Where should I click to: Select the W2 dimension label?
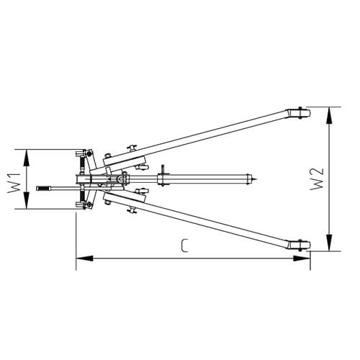[x=317, y=179]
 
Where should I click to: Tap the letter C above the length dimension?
[x=184, y=246]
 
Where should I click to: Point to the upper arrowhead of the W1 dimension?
[x=26, y=158]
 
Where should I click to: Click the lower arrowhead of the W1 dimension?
[x=26, y=200]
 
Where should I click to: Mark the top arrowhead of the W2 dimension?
[x=330, y=116]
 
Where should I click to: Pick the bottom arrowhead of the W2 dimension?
[x=330, y=243]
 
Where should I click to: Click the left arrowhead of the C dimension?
[x=84, y=258]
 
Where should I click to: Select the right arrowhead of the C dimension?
[x=302, y=258]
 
